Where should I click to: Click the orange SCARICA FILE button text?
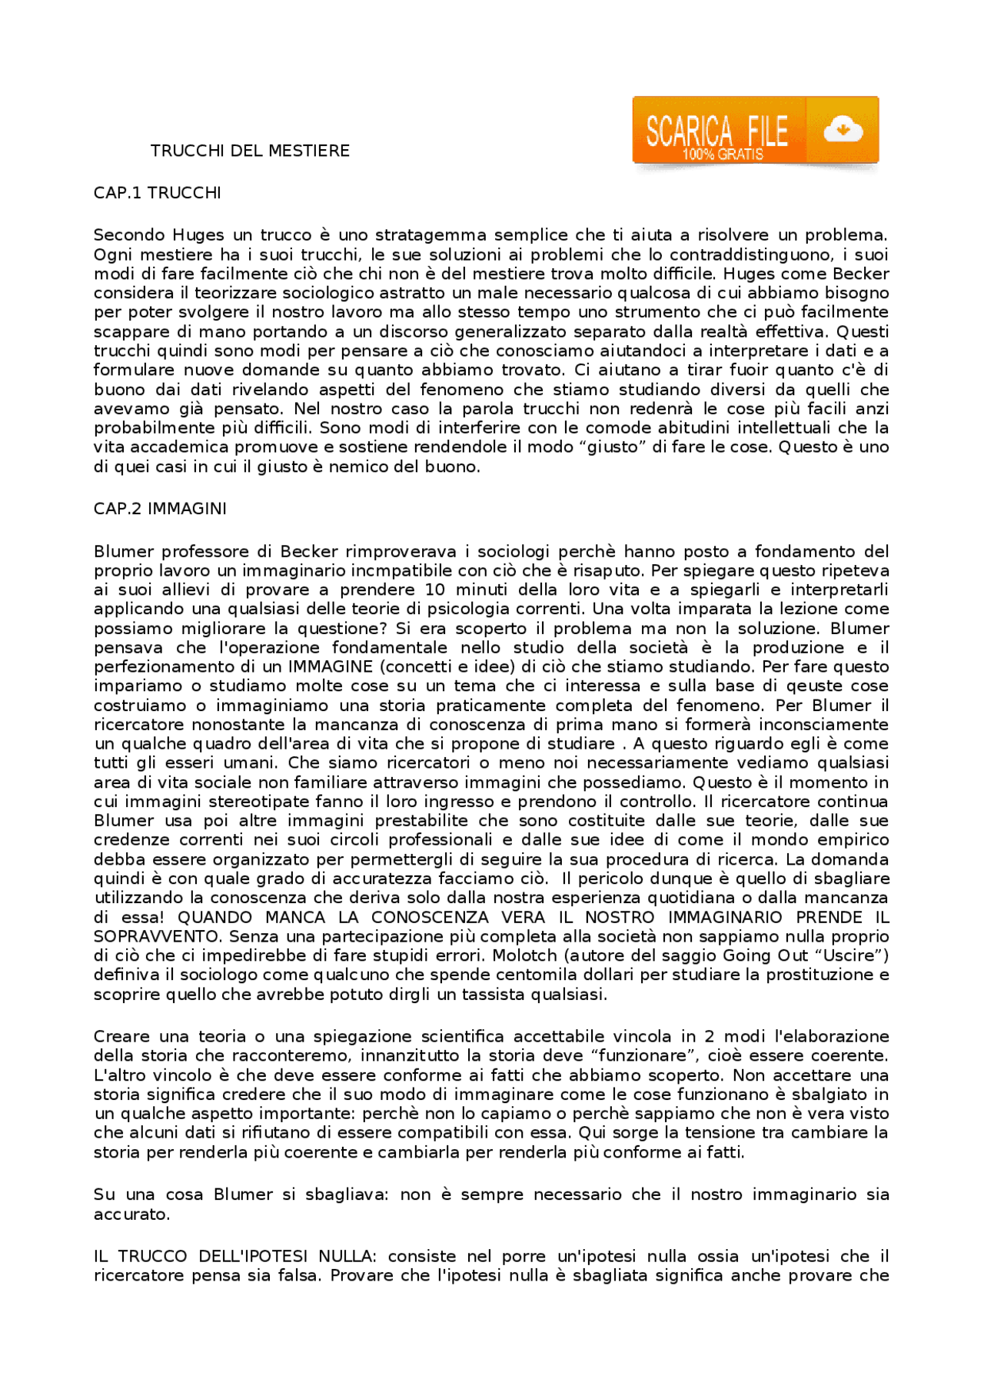pos(716,131)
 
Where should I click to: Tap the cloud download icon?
pos(843,130)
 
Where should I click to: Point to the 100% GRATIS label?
pos(723,154)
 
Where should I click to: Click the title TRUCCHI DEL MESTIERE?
pos(250,151)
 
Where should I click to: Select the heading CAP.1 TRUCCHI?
pos(158,193)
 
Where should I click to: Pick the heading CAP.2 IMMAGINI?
pos(160,509)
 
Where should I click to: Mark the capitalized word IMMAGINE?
pos(331,667)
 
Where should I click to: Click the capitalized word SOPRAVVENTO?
pos(157,937)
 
